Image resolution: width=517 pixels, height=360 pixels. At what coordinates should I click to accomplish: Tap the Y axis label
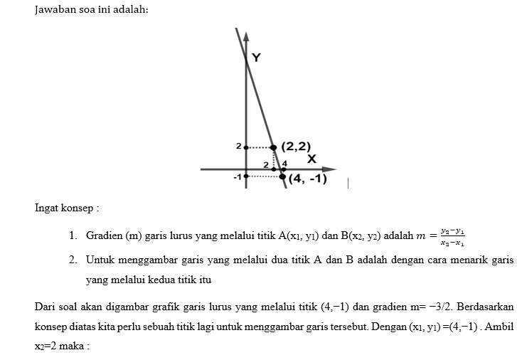[256, 58]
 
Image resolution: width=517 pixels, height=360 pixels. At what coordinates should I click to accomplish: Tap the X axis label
[311, 158]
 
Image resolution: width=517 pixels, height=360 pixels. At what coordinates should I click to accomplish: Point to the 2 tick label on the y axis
[239, 146]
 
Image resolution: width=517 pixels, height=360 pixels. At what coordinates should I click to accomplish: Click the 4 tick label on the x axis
[284, 164]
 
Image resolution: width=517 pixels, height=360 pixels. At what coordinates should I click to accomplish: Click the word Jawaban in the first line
[56, 10]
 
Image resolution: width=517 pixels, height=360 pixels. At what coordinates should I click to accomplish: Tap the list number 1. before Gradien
[73, 235]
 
